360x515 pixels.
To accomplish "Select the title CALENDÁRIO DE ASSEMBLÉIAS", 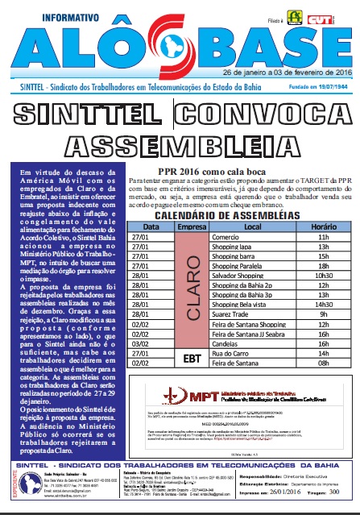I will [x=234, y=216].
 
